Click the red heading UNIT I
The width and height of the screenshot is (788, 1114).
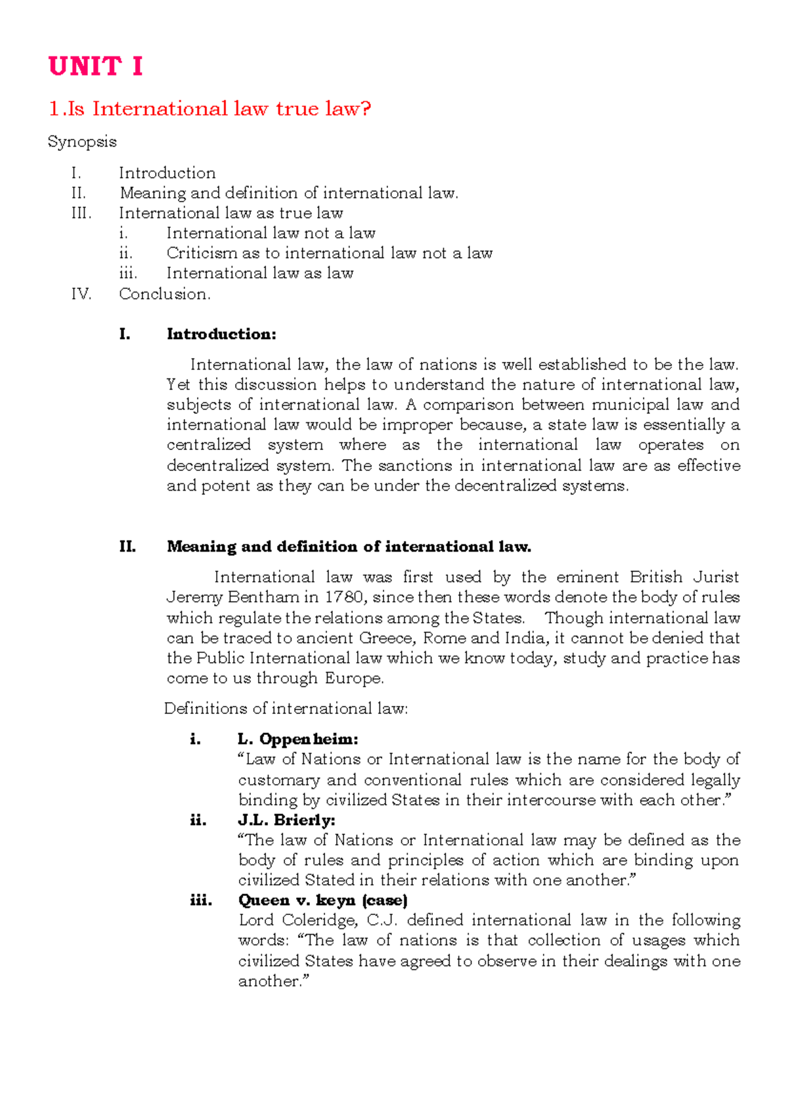[96, 66]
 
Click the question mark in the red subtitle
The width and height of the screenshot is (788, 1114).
[366, 108]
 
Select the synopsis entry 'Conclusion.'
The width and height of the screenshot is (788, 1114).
[165, 294]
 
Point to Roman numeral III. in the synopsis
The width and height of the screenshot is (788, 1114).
[81, 213]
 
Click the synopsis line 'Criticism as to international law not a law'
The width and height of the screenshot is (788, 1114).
[329, 254]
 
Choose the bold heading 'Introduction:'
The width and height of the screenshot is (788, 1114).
[221, 334]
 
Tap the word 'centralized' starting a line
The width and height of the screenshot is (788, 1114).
[209, 445]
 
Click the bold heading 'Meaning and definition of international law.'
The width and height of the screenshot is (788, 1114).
[349, 547]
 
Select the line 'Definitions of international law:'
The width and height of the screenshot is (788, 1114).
[286, 709]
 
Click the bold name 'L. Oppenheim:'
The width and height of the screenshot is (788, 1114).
[298, 740]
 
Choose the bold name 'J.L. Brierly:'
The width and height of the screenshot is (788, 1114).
[286, 820]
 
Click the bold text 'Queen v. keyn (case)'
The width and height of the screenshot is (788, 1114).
[322, 901]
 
